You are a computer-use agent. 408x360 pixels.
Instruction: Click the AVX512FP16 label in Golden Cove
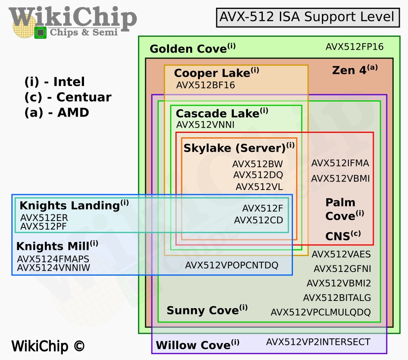(x=354, y=47)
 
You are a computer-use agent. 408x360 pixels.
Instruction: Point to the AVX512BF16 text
(x=205, y=85)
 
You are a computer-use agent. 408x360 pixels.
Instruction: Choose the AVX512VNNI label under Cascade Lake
(x=205, y=125)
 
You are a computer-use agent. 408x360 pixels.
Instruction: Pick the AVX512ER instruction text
(x=44, y=217)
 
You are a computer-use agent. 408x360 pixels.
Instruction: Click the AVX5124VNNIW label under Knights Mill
(x=53, y=268)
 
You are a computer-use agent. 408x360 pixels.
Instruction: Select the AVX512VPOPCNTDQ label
(x=231, y=265)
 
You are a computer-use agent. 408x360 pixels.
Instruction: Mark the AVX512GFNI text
(x=342, y=269)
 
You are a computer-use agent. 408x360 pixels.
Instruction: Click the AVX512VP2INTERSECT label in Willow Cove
(x=318, y=342)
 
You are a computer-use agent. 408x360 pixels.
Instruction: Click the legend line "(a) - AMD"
(x=57, y=113)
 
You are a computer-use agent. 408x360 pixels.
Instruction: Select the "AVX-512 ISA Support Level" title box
(x=307, y=17)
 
